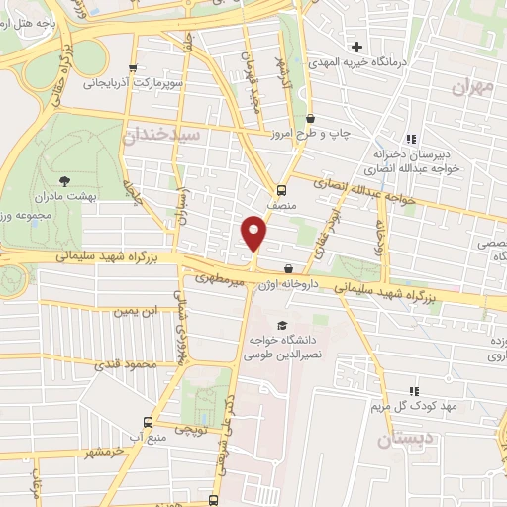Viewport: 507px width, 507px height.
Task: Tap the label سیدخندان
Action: (163, 132)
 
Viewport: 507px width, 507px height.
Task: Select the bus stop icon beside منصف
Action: (281, 190)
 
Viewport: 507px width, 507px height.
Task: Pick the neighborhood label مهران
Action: (471, 87)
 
